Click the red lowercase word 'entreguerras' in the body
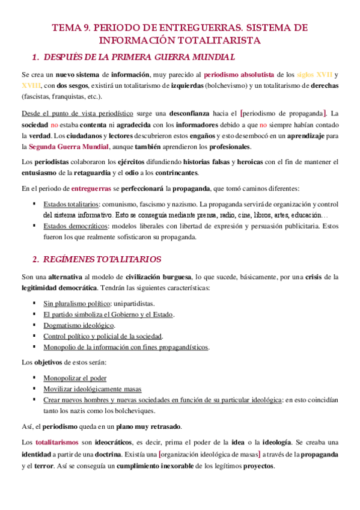pyautogui.click(x=91, y=188)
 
